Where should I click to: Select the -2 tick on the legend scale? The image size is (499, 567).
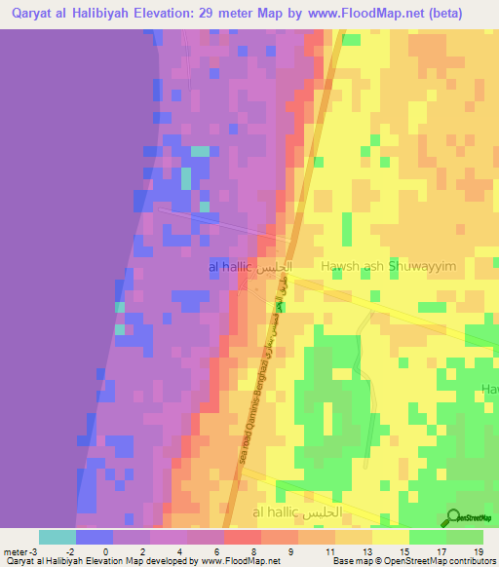pos(75,550)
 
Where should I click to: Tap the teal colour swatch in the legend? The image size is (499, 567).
pos(57,537)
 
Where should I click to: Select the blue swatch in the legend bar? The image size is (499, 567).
pos(94,537)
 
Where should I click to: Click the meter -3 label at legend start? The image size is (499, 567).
pos(20,550)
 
